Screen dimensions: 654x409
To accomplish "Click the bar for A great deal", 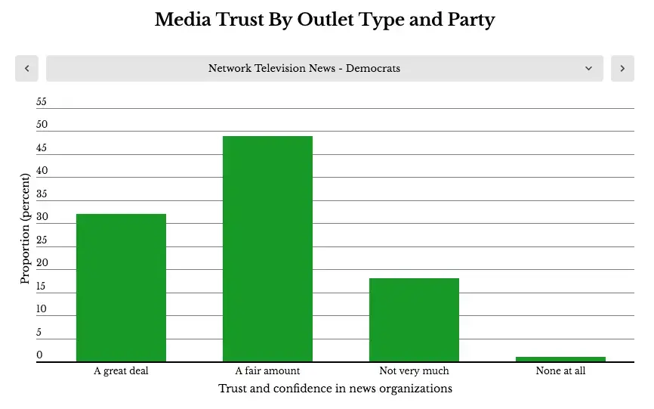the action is click(x=121, y=287).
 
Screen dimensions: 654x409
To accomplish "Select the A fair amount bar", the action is click(x=267, y=249).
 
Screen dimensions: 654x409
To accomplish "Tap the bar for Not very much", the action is click(x=414, y=320).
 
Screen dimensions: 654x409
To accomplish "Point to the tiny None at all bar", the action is click(x=560, y=359).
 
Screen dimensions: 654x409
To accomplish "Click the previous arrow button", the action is click(x=26, y=69).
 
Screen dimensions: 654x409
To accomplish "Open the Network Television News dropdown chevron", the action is click(x=588, y=69).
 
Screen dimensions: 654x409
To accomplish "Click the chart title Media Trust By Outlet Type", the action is click(x=325, y=20).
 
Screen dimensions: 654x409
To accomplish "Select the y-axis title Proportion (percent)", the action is click(x=26, y=229).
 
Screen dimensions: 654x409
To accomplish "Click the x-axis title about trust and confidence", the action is click(x=335, y=389).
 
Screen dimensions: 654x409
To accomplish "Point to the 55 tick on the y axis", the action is click(x=42, y=101).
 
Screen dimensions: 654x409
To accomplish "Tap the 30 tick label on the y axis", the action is click(x=42, y=217).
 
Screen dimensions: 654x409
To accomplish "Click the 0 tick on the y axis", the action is click(x=39, y=355).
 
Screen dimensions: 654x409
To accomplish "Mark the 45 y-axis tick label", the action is click(x=42, y=147).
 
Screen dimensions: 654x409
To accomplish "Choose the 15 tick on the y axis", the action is click(x=41, y=286).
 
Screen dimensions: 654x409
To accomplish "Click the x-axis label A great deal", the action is click(x=121, y=371).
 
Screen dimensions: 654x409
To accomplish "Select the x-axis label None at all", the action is click(x=560, y=370).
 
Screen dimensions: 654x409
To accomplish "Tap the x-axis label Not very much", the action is click(x=414, y=371).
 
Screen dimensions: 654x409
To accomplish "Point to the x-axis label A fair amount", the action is click(x=267, y=370).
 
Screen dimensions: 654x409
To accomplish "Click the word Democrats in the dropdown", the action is click(x=373, y=68).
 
